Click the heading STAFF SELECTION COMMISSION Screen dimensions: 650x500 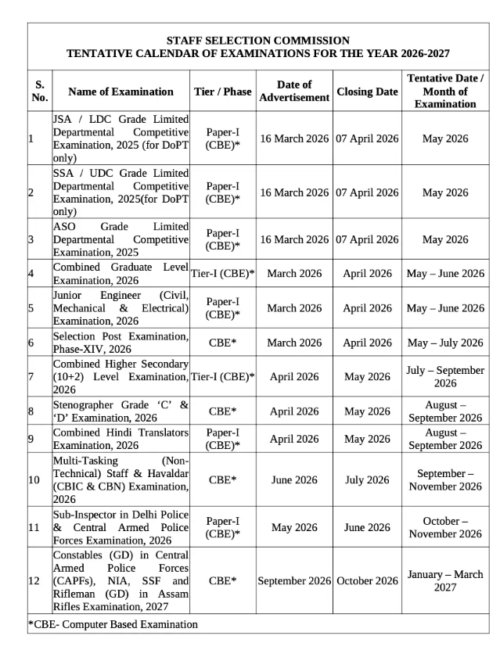[257, 40]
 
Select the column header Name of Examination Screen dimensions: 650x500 [121, 92]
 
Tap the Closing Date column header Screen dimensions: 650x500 [367, 92]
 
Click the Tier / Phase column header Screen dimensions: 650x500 [222, 92]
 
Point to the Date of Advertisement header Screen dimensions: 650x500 [294, 92]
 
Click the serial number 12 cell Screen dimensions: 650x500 [34, 581]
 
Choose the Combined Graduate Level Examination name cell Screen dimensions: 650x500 [121, 274]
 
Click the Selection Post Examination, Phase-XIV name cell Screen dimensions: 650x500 [121, 343]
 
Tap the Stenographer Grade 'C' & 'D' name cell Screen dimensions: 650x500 [121, 411]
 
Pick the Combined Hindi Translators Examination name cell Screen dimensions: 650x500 [121, 438]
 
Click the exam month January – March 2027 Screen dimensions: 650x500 [445, 581]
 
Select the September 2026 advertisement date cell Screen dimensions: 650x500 [294, 581]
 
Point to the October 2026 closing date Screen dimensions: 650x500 [367, 581]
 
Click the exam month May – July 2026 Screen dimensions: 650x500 [445, 343]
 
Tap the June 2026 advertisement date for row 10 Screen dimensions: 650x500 [294, 480]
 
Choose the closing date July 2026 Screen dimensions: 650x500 [367, 480]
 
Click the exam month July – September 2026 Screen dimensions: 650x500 [445, 377]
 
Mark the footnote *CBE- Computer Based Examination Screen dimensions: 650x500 [113, 625]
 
